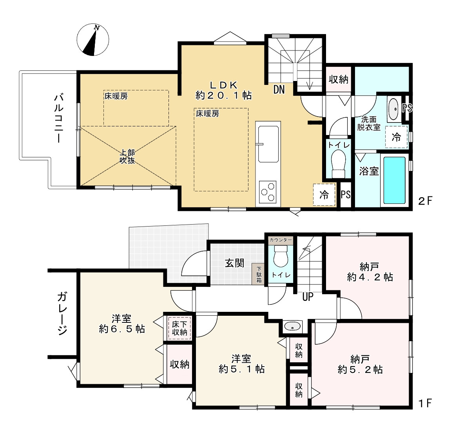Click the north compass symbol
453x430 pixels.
[93, 40]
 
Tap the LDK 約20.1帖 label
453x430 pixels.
[223, 90]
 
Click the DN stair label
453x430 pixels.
[279, 89]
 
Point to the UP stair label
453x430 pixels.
[308, 297]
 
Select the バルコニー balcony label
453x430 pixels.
[59, 118]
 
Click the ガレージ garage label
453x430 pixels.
[62, 313]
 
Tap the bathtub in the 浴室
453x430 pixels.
[394, 180]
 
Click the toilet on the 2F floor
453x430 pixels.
[338, 165]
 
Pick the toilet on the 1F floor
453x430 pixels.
[281, 257]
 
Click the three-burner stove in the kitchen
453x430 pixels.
[268, 191]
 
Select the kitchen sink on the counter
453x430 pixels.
[268, 144]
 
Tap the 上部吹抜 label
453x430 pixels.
[127, 157]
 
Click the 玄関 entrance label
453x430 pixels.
[235, 263]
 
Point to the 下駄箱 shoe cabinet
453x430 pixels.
[259, 273]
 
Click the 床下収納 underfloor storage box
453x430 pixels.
[179, 328]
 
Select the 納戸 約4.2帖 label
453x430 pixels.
[370, 272]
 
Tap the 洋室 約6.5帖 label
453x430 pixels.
[122, 324]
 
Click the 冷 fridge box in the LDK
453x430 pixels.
[324, 195]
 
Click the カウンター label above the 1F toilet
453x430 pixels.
[281, 240]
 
